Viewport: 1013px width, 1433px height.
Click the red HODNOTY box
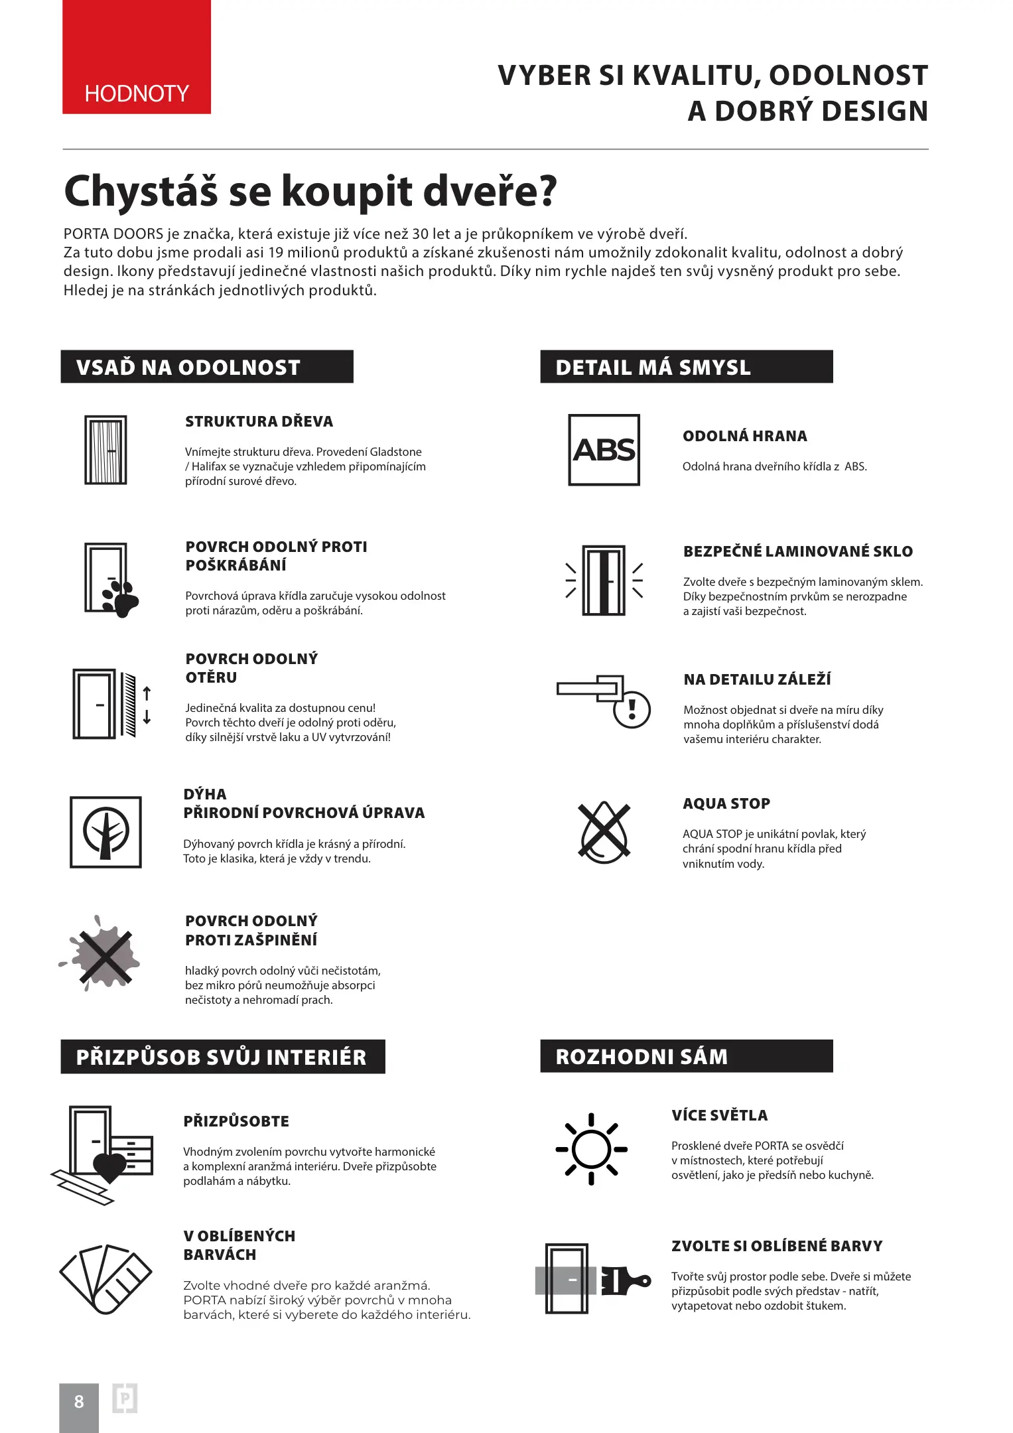[137, 57]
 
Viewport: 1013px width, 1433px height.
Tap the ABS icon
[604, 450]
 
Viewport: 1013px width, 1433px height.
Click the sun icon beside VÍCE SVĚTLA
[591, 1149]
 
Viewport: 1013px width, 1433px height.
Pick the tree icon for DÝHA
[105, 832]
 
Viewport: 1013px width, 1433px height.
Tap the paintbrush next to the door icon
[626, 1280]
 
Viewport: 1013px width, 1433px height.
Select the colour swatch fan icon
[105, 1278]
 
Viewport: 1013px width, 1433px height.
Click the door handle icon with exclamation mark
[604, 700]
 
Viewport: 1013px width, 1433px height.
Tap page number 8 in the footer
[79, 1402]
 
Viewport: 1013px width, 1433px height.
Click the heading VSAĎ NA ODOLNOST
[188, 368]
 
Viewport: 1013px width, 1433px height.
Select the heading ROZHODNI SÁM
[641, 1057]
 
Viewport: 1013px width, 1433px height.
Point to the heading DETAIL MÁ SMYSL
[653, 368]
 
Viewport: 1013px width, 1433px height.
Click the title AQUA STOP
[726, 803]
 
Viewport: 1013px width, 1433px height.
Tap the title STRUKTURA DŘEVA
[259, 421]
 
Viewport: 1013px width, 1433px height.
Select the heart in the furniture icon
[109, 1168]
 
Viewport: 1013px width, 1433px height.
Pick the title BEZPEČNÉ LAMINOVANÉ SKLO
[798, 551]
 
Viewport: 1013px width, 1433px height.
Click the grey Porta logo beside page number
[125, 1399]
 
